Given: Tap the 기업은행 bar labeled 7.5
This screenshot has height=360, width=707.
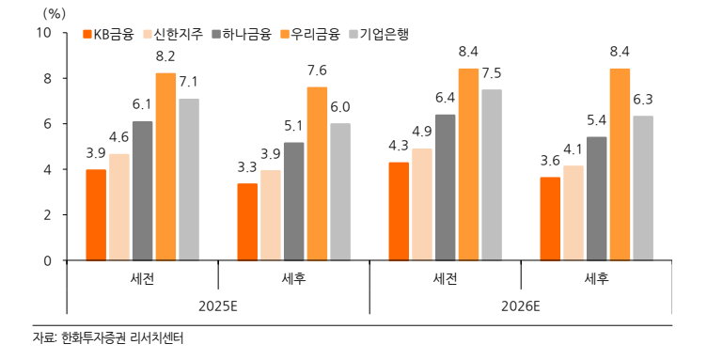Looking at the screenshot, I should (492, 175).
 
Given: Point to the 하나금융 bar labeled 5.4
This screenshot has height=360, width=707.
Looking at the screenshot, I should (596, 198).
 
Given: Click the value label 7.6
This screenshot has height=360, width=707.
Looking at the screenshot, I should (317, 70).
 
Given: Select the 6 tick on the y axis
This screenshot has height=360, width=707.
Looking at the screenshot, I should (48, 124).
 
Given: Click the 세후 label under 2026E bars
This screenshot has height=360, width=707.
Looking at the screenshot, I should (597, 278).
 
